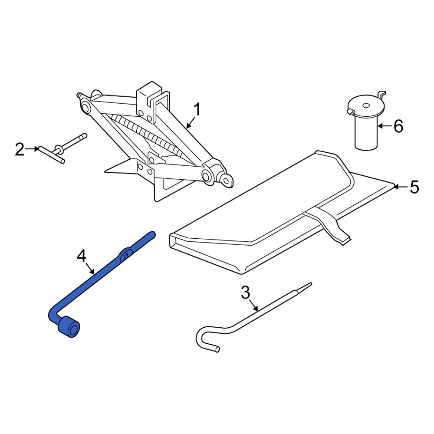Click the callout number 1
point(197,109)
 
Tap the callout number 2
point(20,149)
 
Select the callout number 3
point(246,293)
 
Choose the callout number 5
point(414,187)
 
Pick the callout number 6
point(398,126)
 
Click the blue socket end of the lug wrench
point(69,327)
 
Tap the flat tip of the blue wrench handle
point(152,234)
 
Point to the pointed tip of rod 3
point(311,283)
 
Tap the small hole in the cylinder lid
point(366,105)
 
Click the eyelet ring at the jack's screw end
point(227,181)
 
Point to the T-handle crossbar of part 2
point(52,155)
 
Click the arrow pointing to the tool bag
point(400,187)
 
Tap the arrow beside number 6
point(385,126)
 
